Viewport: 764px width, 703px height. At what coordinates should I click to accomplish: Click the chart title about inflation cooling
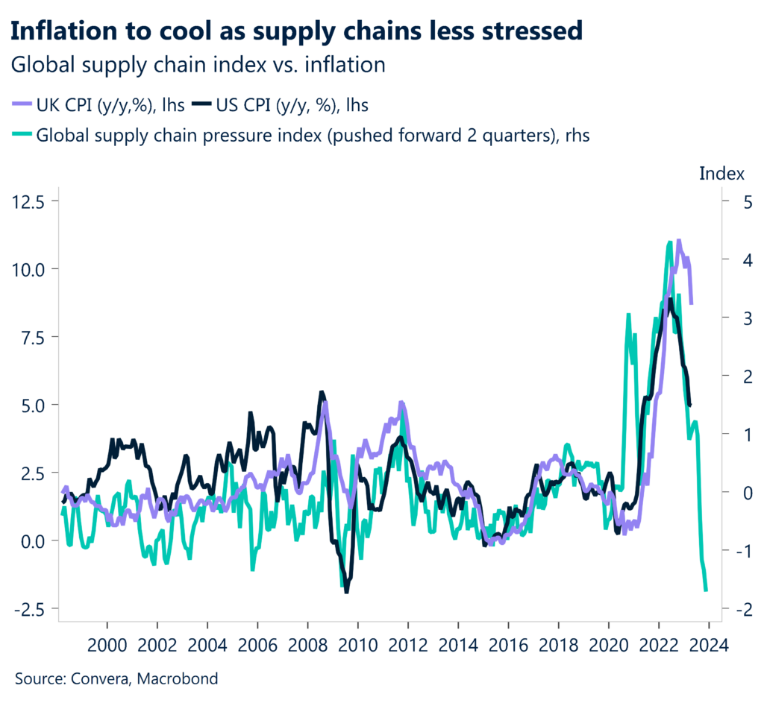click(x=295, y=31)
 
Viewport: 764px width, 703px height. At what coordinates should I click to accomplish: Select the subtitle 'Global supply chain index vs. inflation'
click(x=198, y=65)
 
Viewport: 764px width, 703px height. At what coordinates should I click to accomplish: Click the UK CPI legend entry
click(x=108, y=105)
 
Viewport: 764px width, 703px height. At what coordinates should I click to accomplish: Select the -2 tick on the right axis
click(x=734, y=608)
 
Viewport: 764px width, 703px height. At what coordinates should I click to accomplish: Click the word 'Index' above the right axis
click(x=721, y=174)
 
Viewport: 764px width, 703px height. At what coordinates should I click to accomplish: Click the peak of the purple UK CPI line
click(x=678, y=241)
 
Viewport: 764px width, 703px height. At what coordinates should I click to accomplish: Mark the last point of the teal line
click(x=706, y=590)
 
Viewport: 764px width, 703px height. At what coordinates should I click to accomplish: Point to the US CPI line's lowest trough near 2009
click(x=346, y=592)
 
